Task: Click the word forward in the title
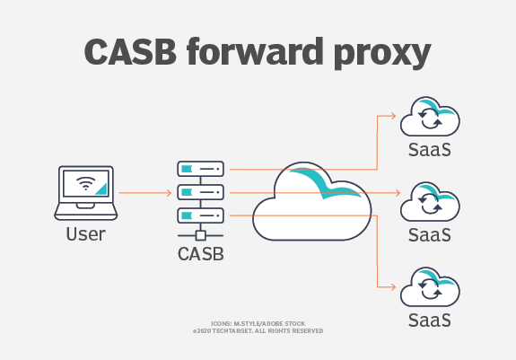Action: point(267,53)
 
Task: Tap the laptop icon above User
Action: point(85,191)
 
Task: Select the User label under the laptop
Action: point(85,234)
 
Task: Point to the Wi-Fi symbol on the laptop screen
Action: point(86,184)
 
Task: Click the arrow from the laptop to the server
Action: point(144,192)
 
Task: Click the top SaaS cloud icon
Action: point(429,118)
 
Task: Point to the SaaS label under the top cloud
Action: point(429,149)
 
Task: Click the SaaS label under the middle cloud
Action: point(429,233)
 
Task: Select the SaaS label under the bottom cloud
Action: point(429,318)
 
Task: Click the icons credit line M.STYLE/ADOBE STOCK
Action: point(258,321)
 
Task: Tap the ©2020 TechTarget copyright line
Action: point(258,330)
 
